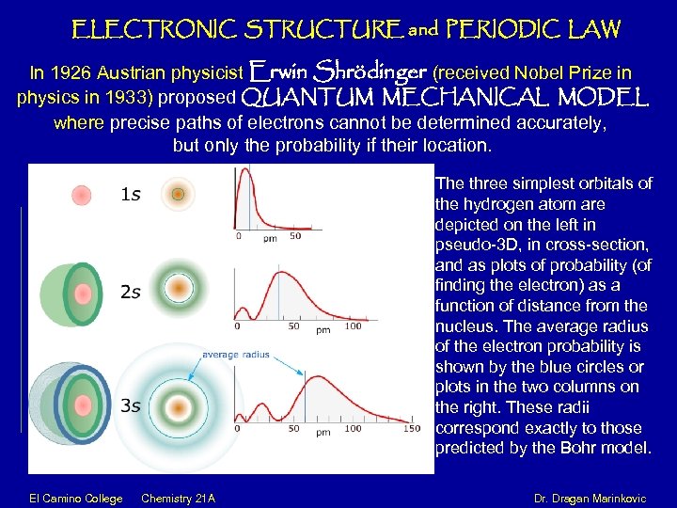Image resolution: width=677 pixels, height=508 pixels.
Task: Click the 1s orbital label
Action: pos(131,195)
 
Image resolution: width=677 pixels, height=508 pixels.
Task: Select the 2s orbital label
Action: pos(131,293)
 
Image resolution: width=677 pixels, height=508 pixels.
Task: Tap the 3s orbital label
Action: pos(131,405)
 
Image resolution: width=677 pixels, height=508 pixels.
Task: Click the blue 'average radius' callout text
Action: pos(235,355)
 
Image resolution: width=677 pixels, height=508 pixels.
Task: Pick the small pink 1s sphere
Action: pos(82,195)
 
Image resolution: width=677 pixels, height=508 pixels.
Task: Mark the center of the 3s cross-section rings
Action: pos(177,406)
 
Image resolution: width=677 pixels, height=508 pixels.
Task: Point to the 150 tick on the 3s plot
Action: pos(411,429)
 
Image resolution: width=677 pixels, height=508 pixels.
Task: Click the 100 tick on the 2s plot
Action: pos(353,326)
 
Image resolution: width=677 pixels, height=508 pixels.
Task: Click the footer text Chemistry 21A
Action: pos(178,498)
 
